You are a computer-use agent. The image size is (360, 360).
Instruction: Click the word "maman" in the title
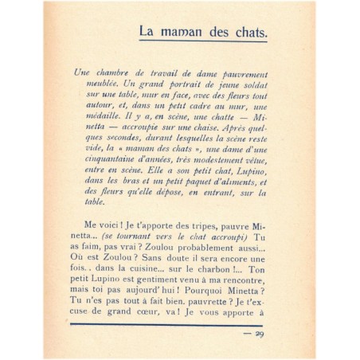click(190, 33)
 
